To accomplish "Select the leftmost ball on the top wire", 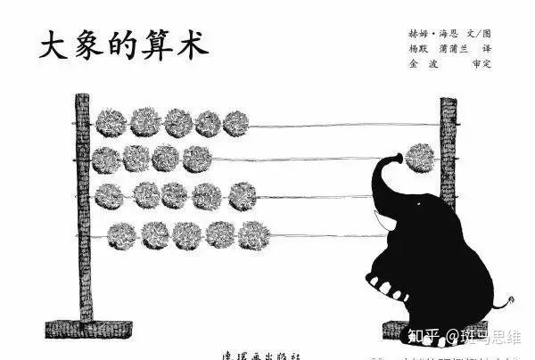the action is [x=111, y=122].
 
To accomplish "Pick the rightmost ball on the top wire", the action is [x=235, y=123].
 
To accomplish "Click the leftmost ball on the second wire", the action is [x=105, y=160].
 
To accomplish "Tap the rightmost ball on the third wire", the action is [x=242, y=196].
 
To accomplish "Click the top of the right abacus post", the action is [x=448, y=104].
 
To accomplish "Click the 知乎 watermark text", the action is [x=423, y=336].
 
